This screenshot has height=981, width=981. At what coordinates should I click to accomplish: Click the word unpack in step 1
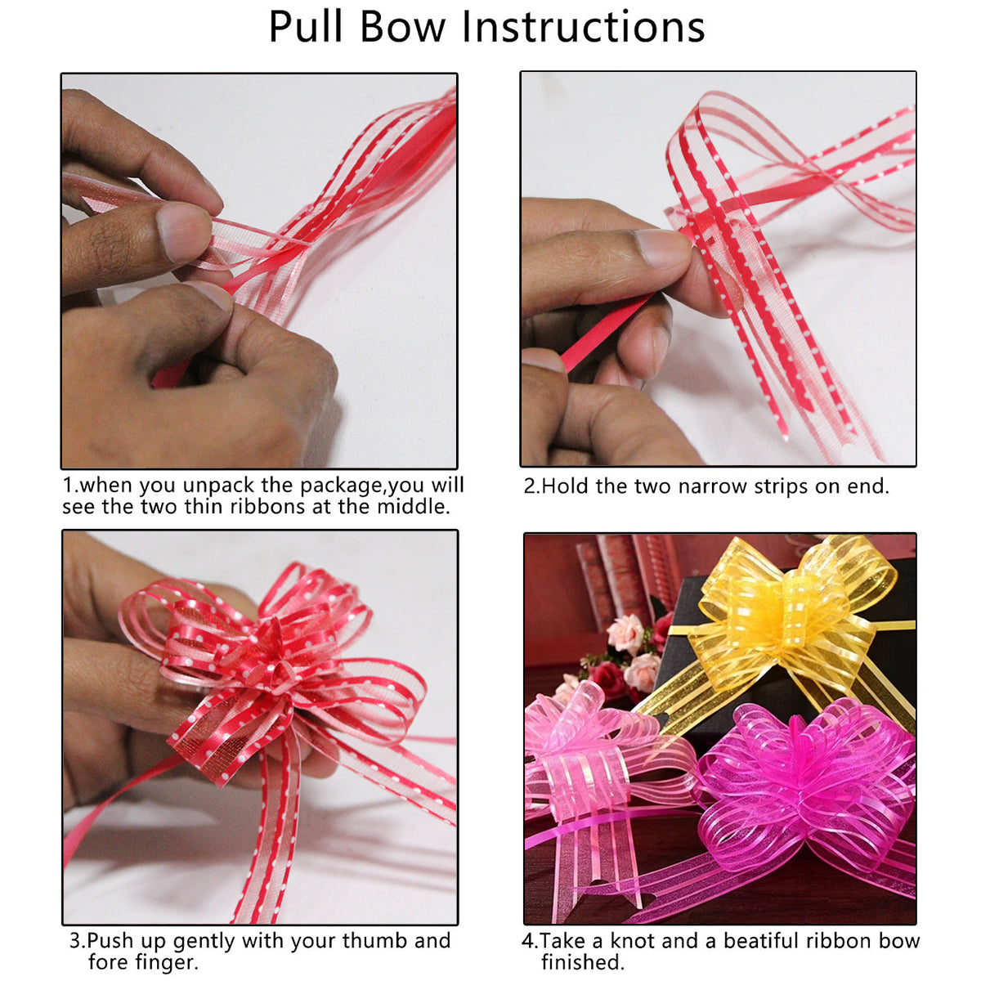point(218,486)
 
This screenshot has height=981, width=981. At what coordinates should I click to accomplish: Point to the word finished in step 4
point(581,962)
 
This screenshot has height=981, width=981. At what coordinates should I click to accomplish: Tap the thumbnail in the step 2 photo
point(661,247)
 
